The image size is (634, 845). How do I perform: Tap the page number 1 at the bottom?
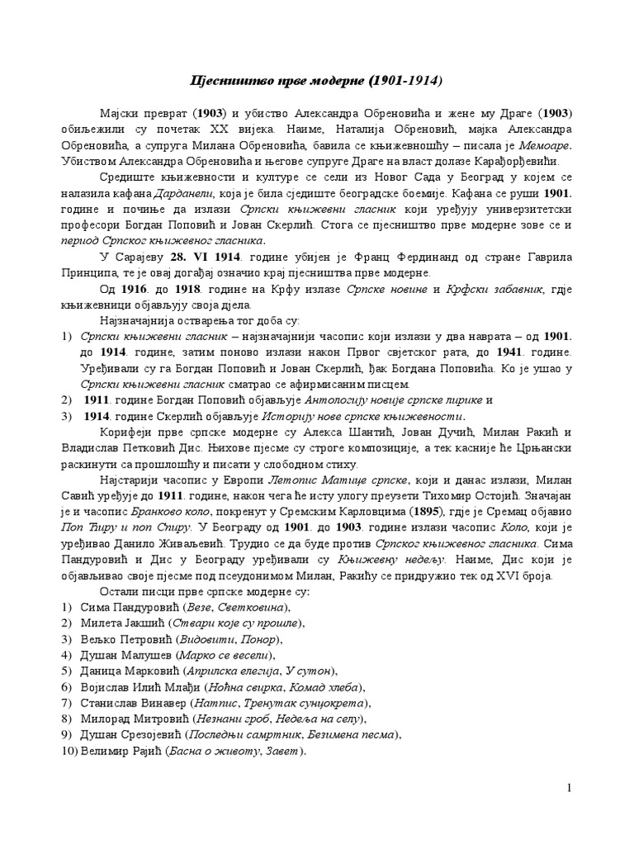click(570, 789)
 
